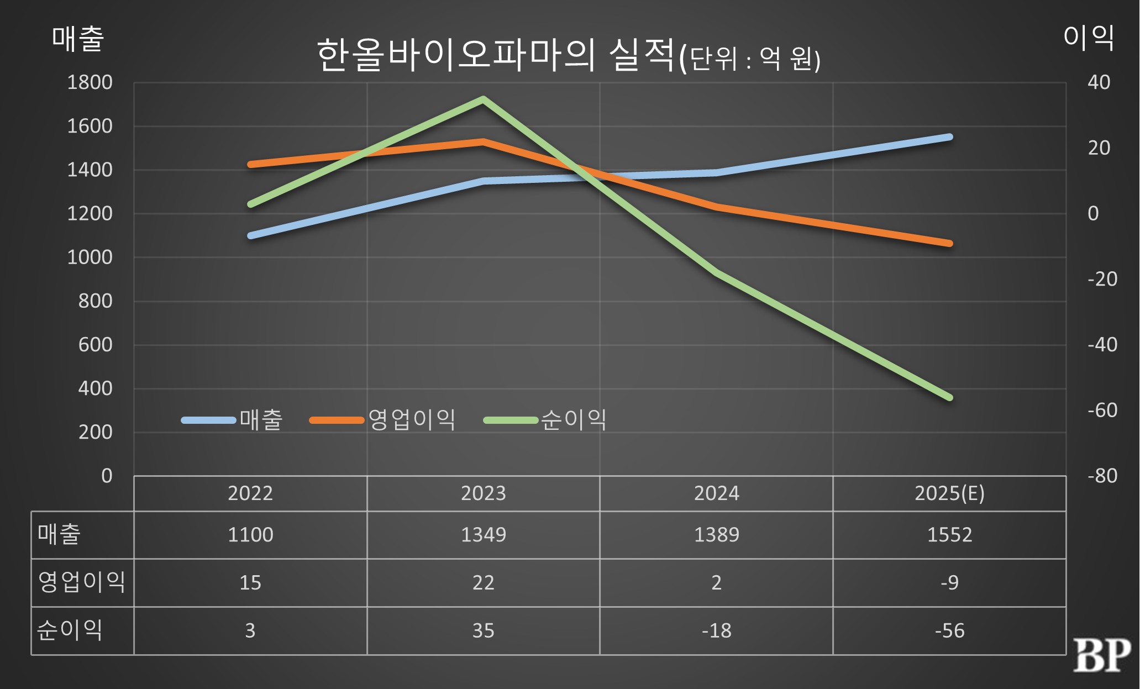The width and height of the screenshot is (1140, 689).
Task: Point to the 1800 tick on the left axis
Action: click(90, 82)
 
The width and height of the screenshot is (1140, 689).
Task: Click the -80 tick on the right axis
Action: click(1102, 476)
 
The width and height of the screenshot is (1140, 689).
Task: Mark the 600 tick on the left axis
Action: click(95, 345)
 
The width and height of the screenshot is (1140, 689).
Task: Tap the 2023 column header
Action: click(483, 493)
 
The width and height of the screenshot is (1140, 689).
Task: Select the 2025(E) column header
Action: click(949, 493)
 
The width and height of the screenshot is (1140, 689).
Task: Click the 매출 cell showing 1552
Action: click(949, 535)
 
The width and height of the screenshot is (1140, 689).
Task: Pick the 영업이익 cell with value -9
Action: click(949, 582)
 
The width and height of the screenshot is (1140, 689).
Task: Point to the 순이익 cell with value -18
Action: click(716, 630)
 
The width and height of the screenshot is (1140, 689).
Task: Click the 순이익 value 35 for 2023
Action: click(483, 630)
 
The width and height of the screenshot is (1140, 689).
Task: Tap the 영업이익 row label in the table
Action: click(82, 582)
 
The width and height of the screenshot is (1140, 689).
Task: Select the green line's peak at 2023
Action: click(483, 99)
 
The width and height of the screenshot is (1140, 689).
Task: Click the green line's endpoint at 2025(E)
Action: click(949, 397)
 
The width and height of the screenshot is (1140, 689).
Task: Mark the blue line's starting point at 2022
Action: click(251, 235)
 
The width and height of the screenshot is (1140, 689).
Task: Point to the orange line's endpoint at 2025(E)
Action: click(949, 243)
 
